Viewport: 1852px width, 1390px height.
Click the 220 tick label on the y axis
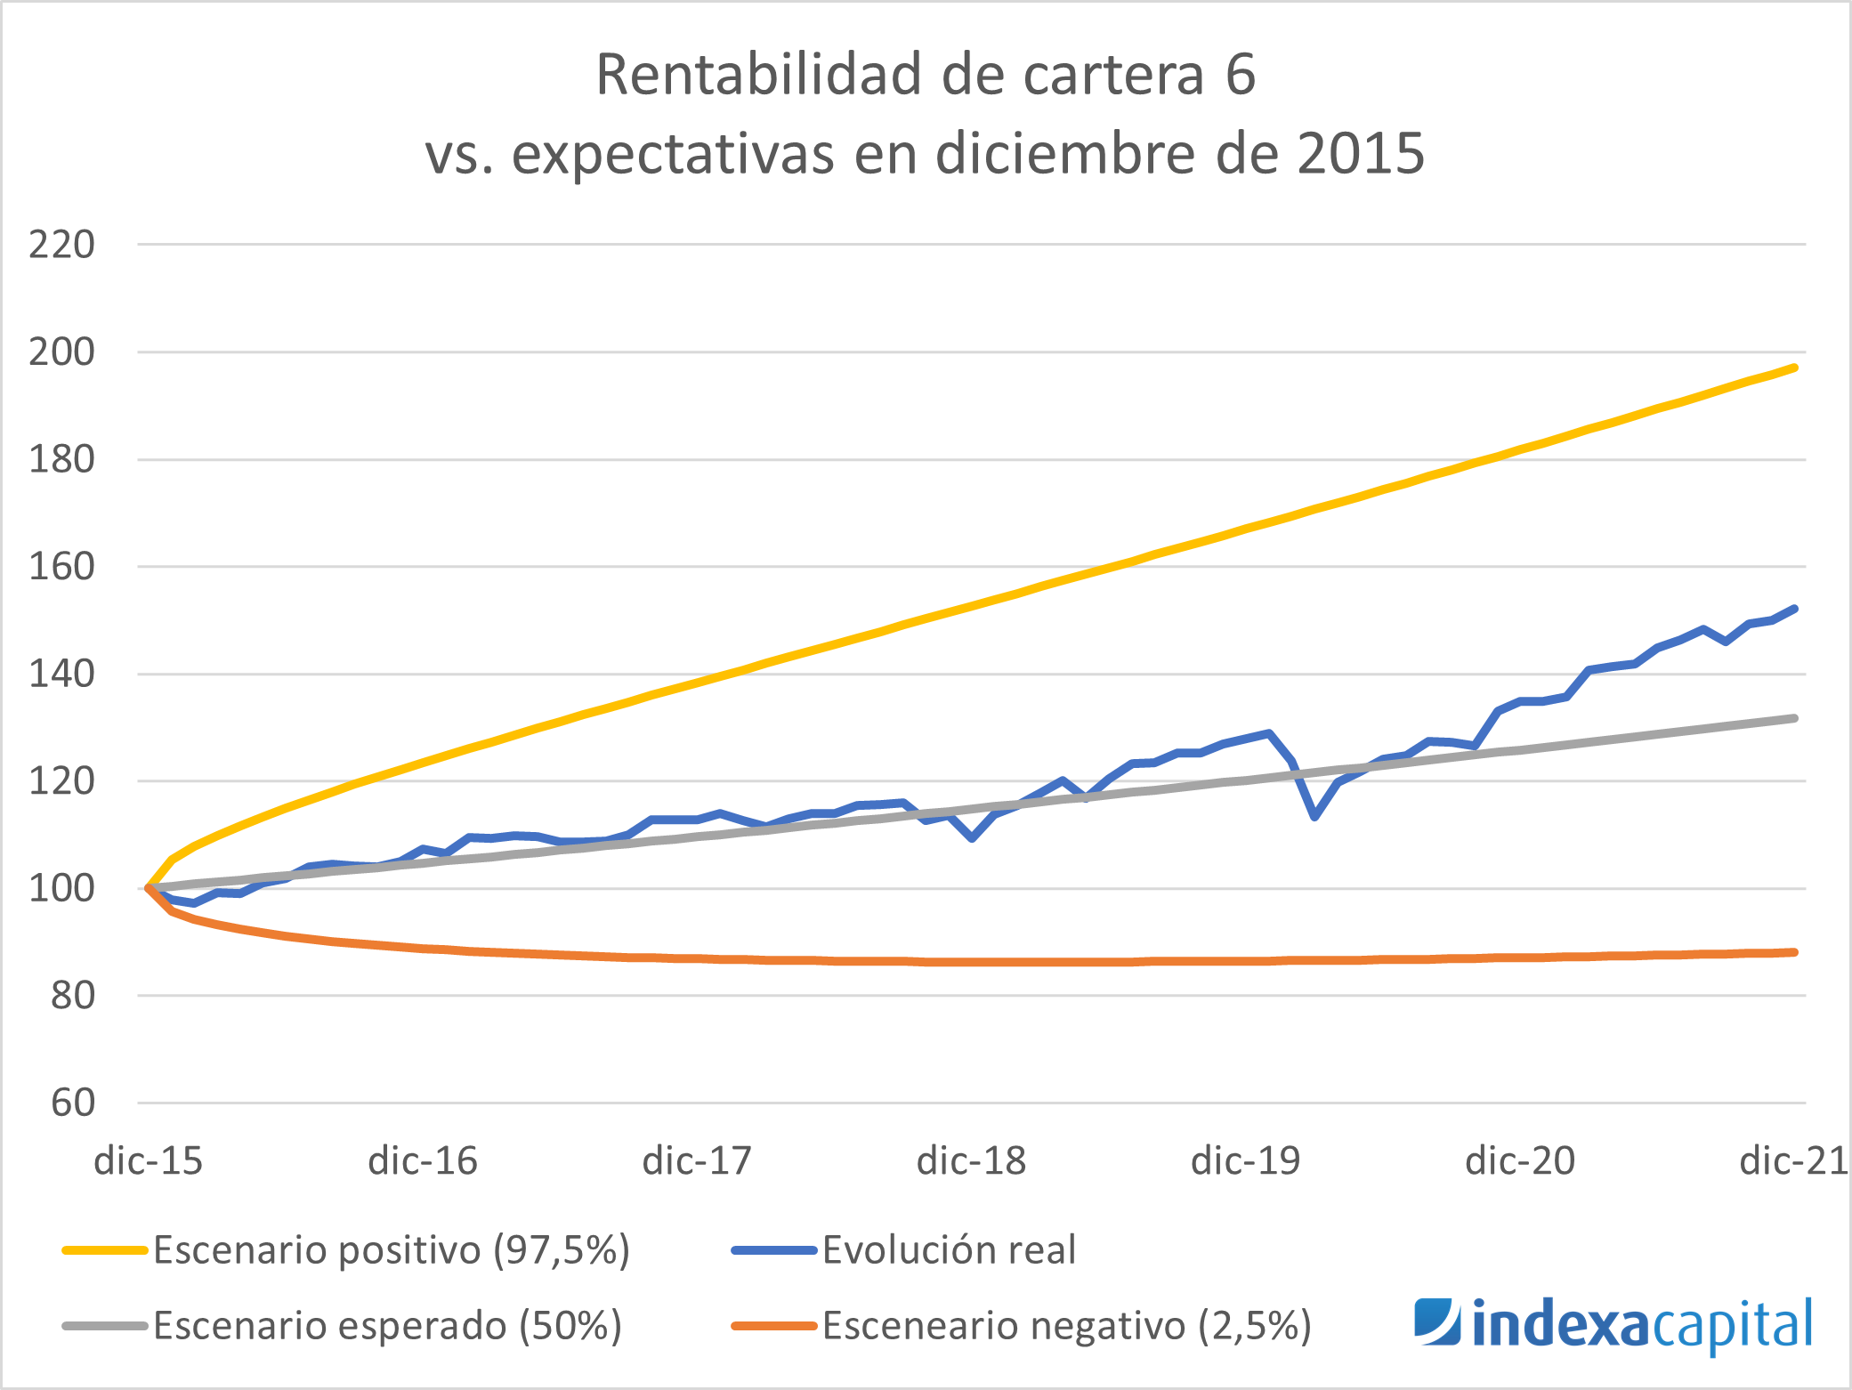[x=61, y=245]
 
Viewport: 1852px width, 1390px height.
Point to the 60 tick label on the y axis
[x=73, y=1103]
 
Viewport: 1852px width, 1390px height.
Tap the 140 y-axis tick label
[x=61, y=675]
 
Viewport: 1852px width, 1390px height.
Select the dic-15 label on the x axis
[x=149, y=1161]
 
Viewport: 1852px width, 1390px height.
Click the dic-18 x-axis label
[x=971, y=1161]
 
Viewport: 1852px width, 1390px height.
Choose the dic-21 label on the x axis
[x=1792, y=1161]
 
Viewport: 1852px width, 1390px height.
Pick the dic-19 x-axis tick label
[x=1245, y=1161]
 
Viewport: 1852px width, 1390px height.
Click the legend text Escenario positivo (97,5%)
[x=392, y=1250]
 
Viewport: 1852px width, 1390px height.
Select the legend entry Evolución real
[x=949, y=1250]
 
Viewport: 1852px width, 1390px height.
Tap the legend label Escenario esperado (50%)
[x=387, y=1326]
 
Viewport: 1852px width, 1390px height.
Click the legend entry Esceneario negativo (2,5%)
[x=1066, y=1326]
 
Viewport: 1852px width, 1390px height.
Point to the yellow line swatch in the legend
[x=105, y=1250]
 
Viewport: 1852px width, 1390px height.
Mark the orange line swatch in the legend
[x=773, y=1326]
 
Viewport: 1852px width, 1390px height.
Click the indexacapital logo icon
[x=1436, y=1322]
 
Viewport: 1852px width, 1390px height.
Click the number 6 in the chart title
[x=1241, y=75]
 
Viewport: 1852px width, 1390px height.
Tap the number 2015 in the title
[x=1361, y=154]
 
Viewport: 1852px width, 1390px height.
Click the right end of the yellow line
[x=1795, y=368]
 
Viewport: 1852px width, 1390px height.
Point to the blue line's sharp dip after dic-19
[x=1314, y=816]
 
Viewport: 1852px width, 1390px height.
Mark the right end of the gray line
[x=1795, y=718]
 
